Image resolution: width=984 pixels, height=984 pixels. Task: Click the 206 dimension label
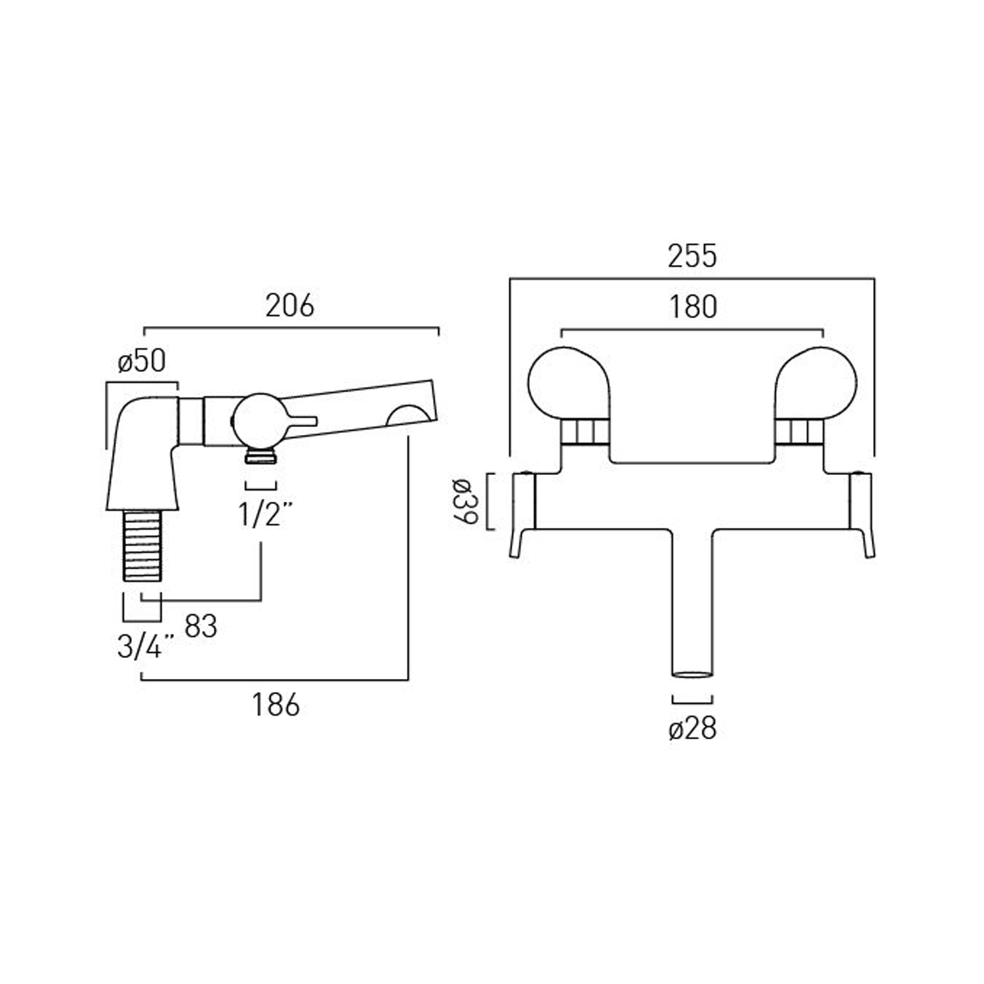click(x=289, y=306)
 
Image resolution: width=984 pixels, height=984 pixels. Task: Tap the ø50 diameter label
click(x=142, y=361)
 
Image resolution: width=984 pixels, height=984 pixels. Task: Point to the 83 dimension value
click(x=201, y=626)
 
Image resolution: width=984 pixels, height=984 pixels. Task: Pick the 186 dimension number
click(x=276, y=705)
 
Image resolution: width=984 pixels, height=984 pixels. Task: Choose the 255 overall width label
click(x=692, y=256)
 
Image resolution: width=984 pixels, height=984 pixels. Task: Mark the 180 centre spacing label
click(x=693, y=307)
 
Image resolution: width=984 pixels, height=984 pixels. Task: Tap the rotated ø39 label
click(x=464, y=502)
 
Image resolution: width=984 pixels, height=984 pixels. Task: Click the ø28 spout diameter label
click(x=692, y=729)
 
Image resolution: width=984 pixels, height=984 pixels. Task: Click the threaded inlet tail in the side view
click(x=142, y=545)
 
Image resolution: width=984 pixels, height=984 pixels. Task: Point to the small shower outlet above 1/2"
click(x=260, y=455)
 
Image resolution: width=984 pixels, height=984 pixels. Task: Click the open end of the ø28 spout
click(x=692, y=674)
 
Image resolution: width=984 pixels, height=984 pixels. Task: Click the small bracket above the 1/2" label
click(x=260, y=486)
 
